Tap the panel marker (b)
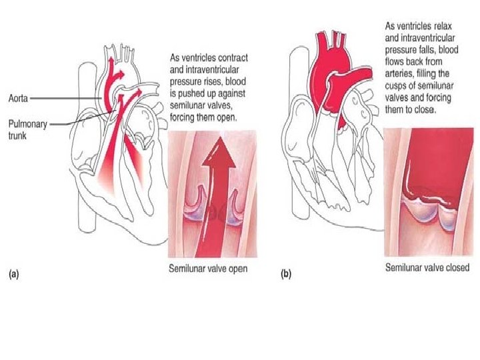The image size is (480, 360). click(x=286, y=273)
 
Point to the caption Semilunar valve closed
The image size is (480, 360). click(x=427, y=268)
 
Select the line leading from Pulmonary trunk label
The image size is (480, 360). click(x=73, y=123)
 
